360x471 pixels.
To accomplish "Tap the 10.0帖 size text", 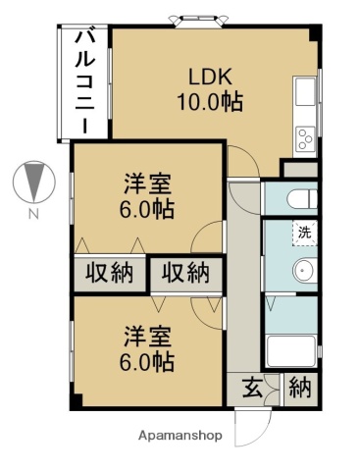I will click(209, 101).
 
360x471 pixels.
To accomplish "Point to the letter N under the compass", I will click(33, 213).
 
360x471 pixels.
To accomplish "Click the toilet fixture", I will click(298, 200).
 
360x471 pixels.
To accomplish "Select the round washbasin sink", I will click(303, 271).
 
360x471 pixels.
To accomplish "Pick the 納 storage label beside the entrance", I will click(299, 388).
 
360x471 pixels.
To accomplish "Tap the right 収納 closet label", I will click(185, 273).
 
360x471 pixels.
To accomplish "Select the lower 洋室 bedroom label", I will click(147, 337).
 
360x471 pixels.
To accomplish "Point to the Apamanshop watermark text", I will click(180, 435).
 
